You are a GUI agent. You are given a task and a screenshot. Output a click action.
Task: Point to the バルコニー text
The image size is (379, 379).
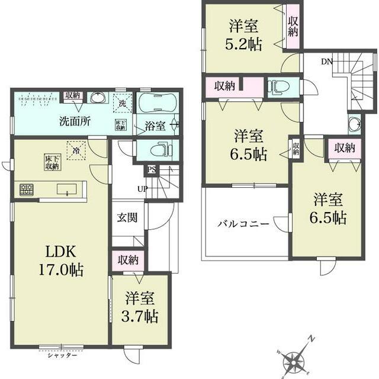pos(243,224)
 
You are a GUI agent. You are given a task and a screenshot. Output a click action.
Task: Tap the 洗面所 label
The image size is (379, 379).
pos(74,121)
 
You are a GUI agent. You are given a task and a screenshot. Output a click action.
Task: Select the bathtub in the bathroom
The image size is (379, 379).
pos(158,103)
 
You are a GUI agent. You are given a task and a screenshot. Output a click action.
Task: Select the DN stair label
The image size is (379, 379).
pos(326,61)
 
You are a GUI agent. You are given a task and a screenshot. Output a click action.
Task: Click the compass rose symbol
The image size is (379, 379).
pos(295,358)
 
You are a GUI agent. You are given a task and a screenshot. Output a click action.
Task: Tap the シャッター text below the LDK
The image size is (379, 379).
pos(62,355)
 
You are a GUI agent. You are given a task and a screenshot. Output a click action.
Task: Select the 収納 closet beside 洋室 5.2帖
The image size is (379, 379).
pos(293,27)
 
